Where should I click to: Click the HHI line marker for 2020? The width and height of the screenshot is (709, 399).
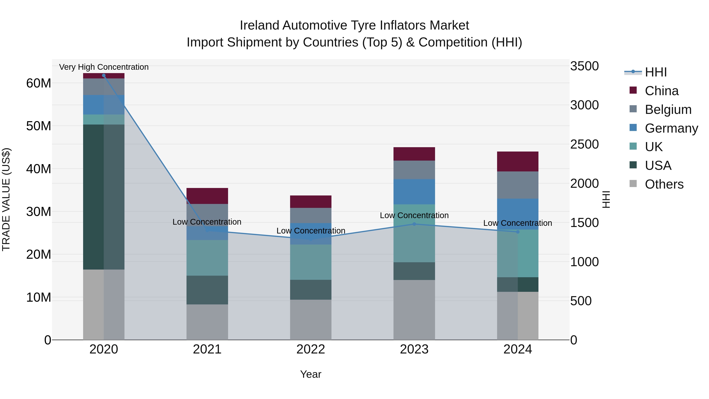104,75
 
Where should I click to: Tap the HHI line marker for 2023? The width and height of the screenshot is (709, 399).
414,224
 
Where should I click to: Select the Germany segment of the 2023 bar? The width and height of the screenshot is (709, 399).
414,192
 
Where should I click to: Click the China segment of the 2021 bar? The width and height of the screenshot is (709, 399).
207,196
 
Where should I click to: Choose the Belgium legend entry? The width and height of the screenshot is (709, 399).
668,110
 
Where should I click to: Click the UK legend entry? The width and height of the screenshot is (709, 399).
653,147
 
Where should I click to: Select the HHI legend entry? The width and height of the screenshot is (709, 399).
656,72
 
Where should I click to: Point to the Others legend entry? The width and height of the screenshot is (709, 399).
664,184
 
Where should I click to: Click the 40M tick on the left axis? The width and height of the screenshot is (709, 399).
39,169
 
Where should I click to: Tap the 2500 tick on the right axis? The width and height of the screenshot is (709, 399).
584,144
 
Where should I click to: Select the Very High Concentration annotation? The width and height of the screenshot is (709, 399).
104,67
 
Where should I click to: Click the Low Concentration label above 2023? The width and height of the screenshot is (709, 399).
414,215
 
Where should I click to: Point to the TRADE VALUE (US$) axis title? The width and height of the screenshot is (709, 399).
6,199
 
